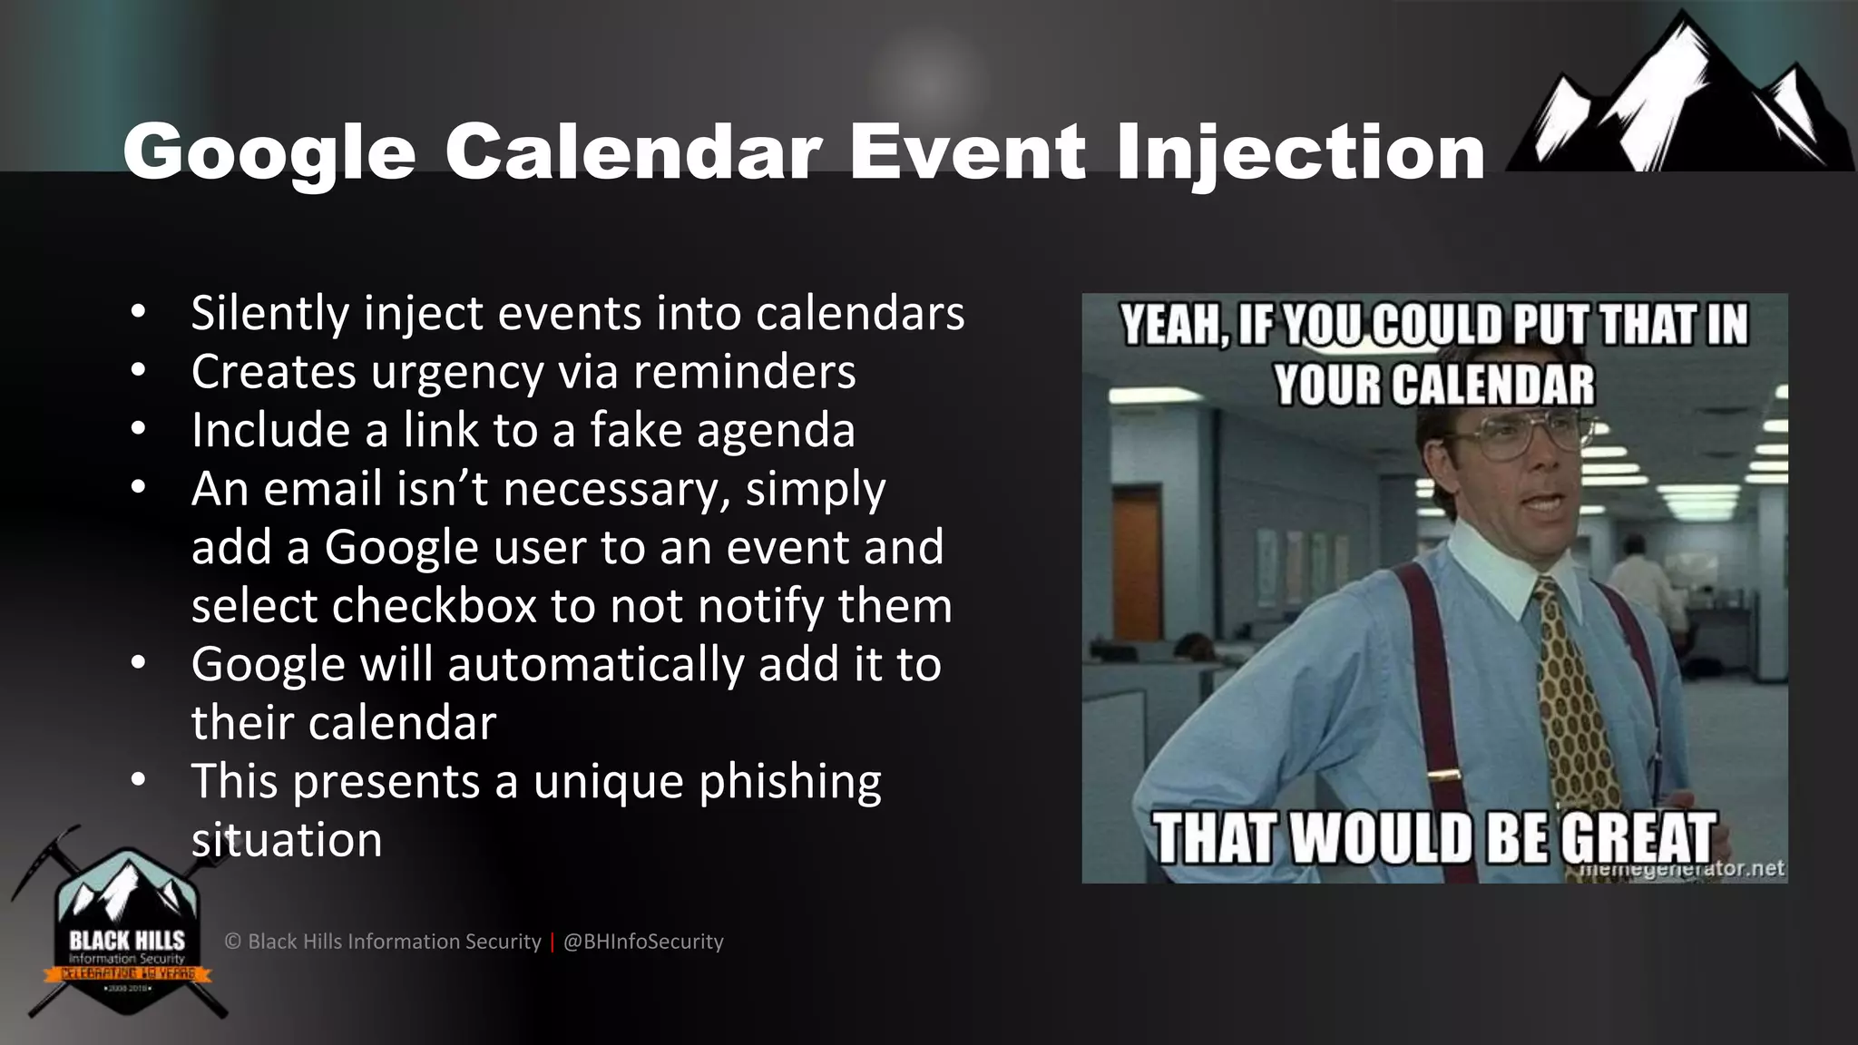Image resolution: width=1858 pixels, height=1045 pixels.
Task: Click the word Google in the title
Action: point(269,152)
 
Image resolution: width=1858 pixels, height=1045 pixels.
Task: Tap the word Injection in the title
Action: point(1300,152)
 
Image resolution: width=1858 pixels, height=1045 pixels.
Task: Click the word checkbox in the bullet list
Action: point(435,606)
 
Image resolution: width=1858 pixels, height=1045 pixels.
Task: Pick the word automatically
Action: point(596,664)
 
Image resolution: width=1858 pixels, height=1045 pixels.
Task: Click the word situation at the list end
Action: point(287,840)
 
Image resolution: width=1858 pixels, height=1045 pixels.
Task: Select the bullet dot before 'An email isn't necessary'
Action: point(138,487)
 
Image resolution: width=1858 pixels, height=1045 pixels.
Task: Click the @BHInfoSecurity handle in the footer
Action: point(643,942)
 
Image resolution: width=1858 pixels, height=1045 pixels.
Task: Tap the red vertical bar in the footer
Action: point(552,942)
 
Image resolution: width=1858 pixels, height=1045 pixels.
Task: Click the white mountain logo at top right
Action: point(1679,100)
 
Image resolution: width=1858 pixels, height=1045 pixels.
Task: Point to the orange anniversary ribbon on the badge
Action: point(127,974)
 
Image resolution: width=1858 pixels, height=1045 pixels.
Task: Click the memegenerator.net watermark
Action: point(1683,869)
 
